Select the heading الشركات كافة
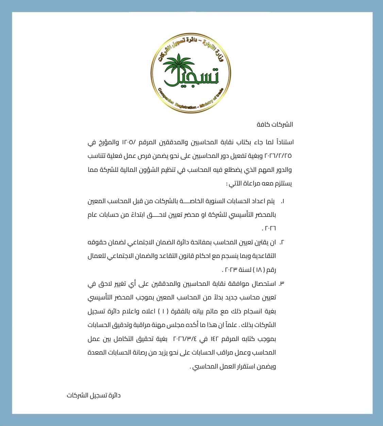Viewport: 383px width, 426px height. (275, 125)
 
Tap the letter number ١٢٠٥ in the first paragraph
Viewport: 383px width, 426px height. (128, 142)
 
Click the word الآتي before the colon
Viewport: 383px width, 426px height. (235, 184)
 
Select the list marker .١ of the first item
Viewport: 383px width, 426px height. (282, 201)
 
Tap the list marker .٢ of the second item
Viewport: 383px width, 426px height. (282, 242)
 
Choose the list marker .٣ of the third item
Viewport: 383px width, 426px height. (282, 284)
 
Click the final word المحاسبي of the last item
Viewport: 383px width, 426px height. (204, 367)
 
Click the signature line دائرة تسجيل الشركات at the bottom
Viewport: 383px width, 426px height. (94, 395)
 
